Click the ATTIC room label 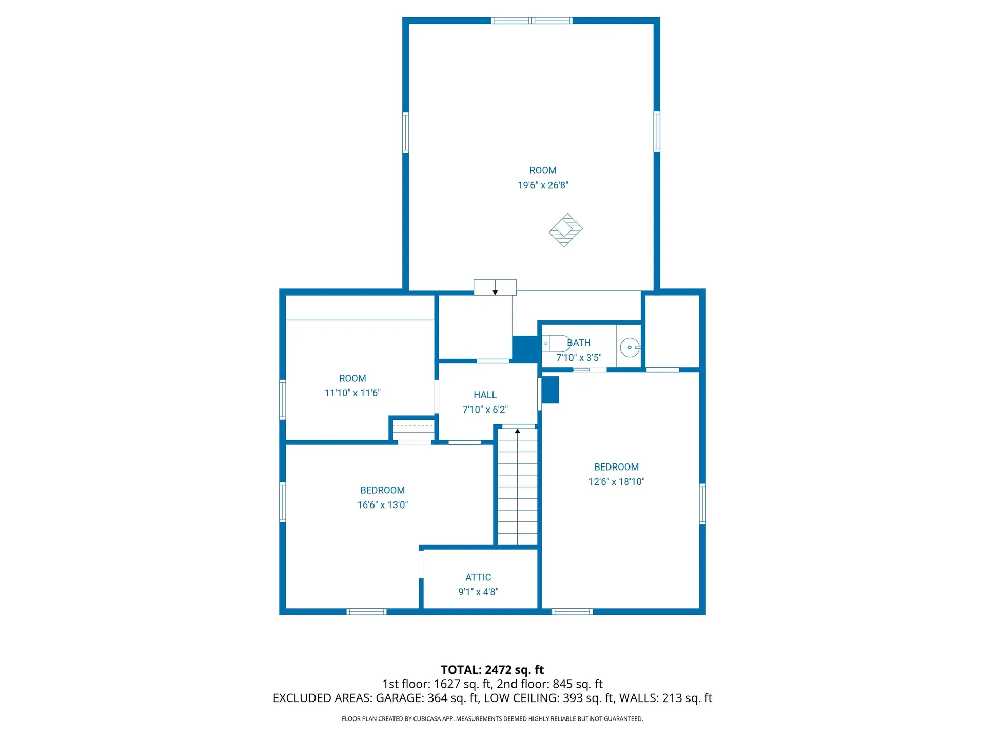tap(478, 577)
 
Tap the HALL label tap(485, 395)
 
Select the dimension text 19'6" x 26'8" tap(543, 185)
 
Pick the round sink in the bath tap(629, 347)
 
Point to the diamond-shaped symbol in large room tap(565, 230)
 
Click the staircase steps tap(518, 488)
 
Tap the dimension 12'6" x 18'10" tap(616, 482)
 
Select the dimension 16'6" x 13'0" tap(382, 505)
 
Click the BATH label tap(579, 343)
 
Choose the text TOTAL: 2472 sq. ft tap(492, 670)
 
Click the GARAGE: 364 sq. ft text tap(427, 698)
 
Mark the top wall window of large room tap(531, 21)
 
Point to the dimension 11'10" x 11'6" tap(352, 393)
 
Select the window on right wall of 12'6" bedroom tap(702, 503)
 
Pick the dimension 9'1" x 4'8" tap(478, 592)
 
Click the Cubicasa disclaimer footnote tap(492, 719)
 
